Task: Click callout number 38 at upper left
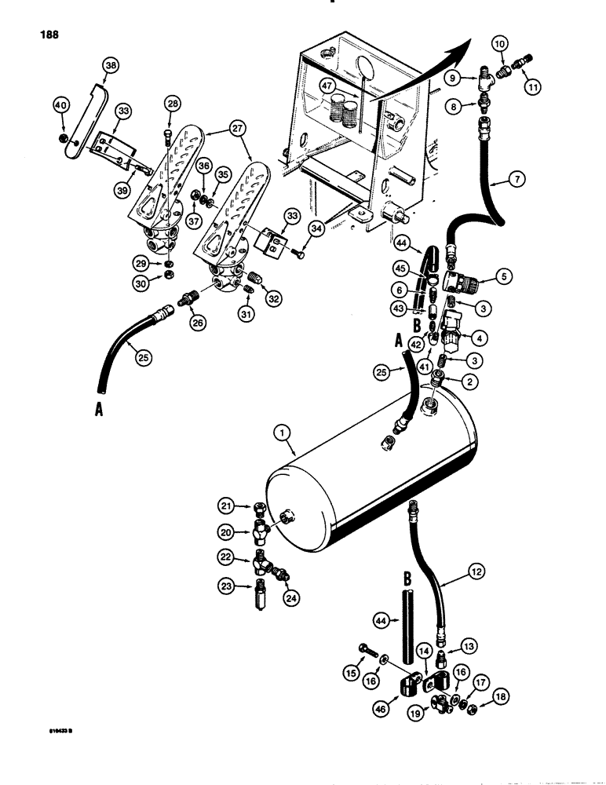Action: click(111, 68)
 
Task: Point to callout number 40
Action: click(60, 104)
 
